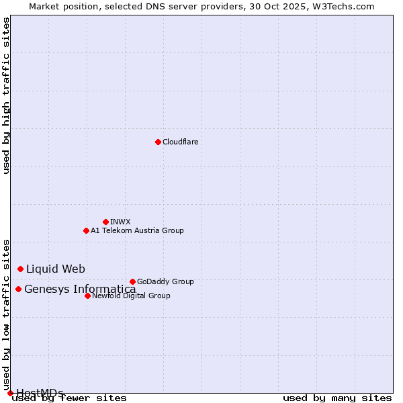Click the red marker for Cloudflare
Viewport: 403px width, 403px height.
pos(158,142)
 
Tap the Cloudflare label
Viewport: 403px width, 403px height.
pos(181,142)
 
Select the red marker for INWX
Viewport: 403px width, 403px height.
pos(105,222)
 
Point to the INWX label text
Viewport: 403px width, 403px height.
pos(120,222)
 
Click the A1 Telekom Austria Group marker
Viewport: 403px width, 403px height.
pos(86,230)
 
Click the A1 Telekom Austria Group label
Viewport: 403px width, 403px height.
pos(137,230)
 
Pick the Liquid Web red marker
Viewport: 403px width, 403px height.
pos(20,269)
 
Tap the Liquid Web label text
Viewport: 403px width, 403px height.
pos(56,269)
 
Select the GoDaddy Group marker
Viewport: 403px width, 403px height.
pos(132,281)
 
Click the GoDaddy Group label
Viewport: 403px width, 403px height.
pos(165,281)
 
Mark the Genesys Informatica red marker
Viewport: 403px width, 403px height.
pos(18,289)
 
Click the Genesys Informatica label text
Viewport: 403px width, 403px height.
pos(80,289)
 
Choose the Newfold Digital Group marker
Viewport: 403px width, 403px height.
pos(87,296)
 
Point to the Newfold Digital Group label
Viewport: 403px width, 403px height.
pos(131,296)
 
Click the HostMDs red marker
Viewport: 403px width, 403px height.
pos(10,393)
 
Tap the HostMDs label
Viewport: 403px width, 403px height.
pos(40,393)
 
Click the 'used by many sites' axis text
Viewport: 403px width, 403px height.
pos(337,398)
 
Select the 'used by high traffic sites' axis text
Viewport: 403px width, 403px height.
pos(7,96)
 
